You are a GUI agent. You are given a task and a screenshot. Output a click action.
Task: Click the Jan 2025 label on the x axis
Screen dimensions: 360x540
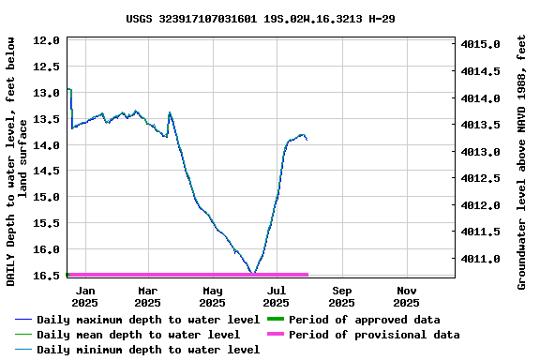pyautogui.click(x=84, y=297)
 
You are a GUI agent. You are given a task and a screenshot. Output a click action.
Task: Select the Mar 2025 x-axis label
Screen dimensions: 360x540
pyautogui.click(x=147, y=297)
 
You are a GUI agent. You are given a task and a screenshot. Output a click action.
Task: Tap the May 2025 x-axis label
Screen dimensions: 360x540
pyautogui.click(x=212, y=297)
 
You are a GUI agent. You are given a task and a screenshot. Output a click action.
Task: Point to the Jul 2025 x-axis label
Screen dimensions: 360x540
pyautogui.click(x=276, y=297)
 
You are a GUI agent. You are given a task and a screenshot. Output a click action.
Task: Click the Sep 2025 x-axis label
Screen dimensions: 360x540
pyautogui.click(x=341, y=297)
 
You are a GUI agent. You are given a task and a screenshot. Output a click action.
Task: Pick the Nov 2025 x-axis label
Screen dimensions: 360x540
pyautogui.click(x=406, y=297)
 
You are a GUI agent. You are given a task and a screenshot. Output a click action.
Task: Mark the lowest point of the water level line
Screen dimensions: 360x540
pyautogui.click(x=253, y=273)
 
